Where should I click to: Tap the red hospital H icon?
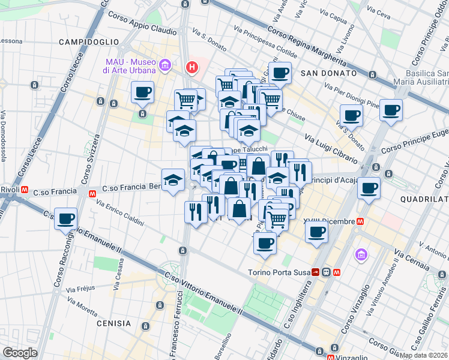192,67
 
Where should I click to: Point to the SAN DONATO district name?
325,73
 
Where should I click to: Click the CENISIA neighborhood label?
113,323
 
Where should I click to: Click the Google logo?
20,353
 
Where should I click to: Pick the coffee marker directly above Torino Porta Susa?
265,243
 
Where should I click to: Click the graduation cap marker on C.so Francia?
173,179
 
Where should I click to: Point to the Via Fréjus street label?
80,288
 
